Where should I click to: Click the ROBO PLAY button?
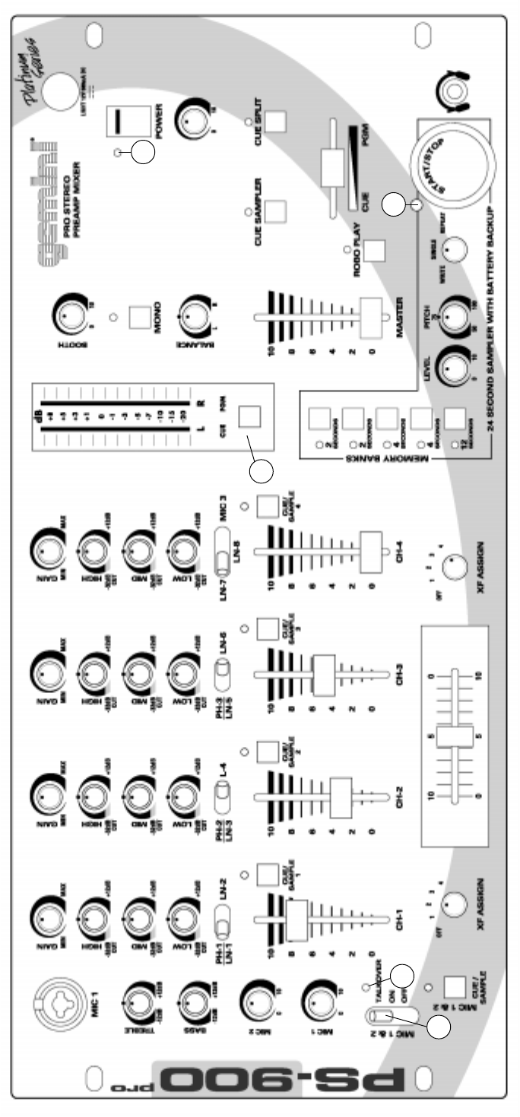(x=374, y=249)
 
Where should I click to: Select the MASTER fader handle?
(x=369, y=314)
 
